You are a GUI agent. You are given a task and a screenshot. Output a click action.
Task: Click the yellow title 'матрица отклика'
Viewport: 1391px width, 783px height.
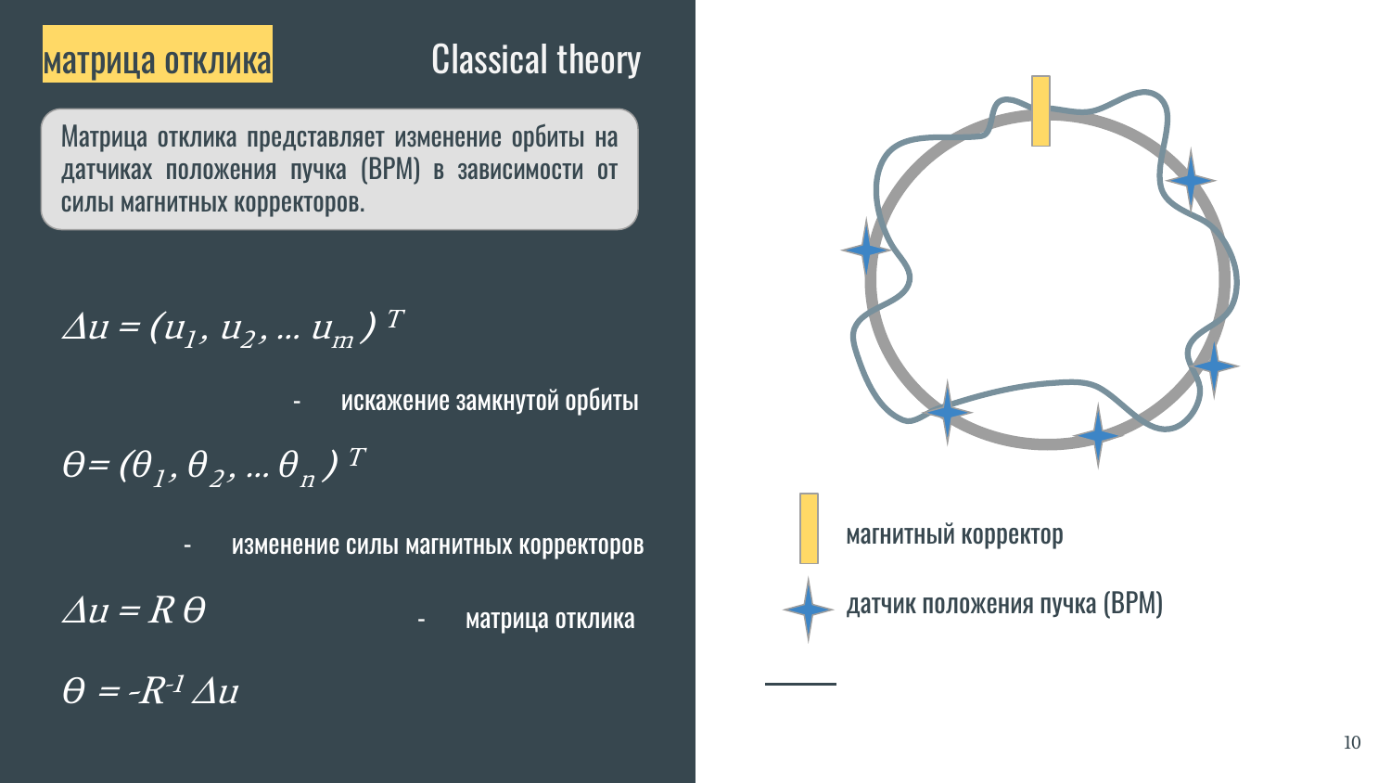(x=157, y=60)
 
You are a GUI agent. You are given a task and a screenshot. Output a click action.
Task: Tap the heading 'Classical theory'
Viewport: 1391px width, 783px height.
(x=536, y=59)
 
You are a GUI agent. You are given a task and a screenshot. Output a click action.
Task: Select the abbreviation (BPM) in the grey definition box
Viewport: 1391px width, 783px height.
(x=390, y=170)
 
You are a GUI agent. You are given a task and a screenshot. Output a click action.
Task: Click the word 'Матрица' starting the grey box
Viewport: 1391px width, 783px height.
(x=104, y=136)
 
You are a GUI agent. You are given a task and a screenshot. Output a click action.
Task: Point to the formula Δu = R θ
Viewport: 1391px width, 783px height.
(x=134, y=610)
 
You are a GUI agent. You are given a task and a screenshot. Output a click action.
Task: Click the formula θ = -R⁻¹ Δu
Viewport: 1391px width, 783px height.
(x=150, y=690)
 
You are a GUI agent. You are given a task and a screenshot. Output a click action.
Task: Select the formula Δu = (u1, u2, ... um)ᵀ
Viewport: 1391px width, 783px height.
(x=234, y=328)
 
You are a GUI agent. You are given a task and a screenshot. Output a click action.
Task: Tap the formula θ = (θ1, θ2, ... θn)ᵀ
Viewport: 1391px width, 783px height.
(x=213, y=468)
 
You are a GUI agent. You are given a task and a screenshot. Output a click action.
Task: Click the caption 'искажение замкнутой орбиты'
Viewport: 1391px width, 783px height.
(x=490, y=401)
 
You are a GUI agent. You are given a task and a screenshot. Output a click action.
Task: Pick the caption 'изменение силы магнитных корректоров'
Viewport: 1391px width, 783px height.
(x=438, y=545)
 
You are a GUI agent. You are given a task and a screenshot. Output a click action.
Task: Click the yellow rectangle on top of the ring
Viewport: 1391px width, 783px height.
(x=1040, y=111)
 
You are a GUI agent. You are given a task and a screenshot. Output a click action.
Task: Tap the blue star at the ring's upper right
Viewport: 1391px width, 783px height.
(x=1191, y=180)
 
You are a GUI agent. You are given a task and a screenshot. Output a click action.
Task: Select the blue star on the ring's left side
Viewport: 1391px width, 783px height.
(x=865, y=250)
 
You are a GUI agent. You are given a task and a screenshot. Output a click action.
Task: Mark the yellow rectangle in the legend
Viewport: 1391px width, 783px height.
(x=809, y=528)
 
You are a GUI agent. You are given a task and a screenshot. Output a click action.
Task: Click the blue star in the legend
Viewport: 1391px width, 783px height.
(x=808, y=609)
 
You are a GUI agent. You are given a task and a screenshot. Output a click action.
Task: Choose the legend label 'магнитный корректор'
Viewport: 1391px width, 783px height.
(x=954, y=534)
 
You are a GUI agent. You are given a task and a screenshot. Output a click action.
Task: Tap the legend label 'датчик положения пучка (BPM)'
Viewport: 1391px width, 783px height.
(x=1004, y=604)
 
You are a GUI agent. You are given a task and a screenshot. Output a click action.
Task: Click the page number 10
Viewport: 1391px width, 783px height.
(x=1352, y=742)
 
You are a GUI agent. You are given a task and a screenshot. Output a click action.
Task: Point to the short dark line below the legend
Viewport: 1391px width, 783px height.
(x=800, y=684)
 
